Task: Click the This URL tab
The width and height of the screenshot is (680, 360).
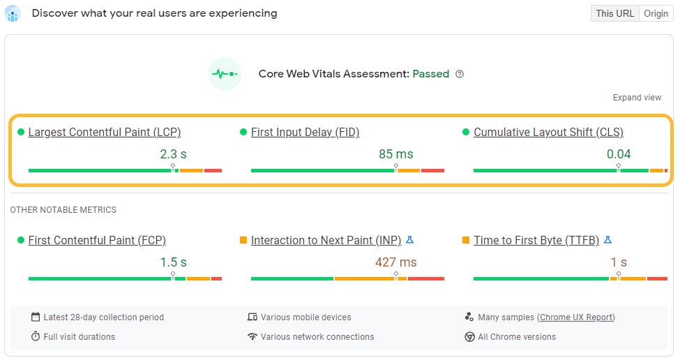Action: pyautogui.click(x=614, y=13)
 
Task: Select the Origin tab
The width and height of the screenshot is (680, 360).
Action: pyautogui.click(x=656, y=13)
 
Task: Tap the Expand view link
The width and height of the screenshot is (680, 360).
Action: pyautogui.click(x=637, y=98)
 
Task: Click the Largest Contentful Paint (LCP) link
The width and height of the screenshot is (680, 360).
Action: pyautogui.click(x=105, y=132)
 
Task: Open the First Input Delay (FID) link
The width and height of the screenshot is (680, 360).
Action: pyautogui.click(x=305, y=132)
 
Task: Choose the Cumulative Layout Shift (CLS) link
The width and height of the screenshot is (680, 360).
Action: pyautogui.click(x=548, y=132)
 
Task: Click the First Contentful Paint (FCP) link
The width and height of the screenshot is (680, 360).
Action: pyautogui.click(x=97, y=240)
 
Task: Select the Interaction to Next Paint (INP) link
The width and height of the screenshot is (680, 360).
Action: pyautogui.click(x=326, y=240)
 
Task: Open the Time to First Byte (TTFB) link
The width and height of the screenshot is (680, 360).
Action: pyautogui.click(x=536, y=240)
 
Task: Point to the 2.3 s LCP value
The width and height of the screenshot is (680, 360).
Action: pyautogui.click(x=174, y=154)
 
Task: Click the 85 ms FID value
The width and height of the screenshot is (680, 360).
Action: pyautogui.click(x=396, y=154)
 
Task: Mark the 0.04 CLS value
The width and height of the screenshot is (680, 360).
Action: pyautogui.click(x=619, y=154)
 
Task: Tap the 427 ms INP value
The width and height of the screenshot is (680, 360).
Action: pyautogui.click(x=396, y=262)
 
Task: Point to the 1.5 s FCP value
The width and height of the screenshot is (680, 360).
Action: pyautogui.click(x=174, y=262)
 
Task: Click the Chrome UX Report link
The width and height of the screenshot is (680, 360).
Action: pyautogui.click(x=575, y=317)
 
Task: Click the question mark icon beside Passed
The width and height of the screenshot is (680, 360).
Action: pyautogui.click(x=460, y=74)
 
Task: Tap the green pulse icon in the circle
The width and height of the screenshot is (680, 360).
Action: pyautogui.click(x=225, y=73)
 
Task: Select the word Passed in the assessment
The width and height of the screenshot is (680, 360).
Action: pyautogui.click(x=431, y=74)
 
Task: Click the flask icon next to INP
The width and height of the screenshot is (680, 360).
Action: pyautogui.click(x=410, y=240)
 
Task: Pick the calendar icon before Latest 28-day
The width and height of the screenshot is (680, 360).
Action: pyautogui.click(x=36, y=317)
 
